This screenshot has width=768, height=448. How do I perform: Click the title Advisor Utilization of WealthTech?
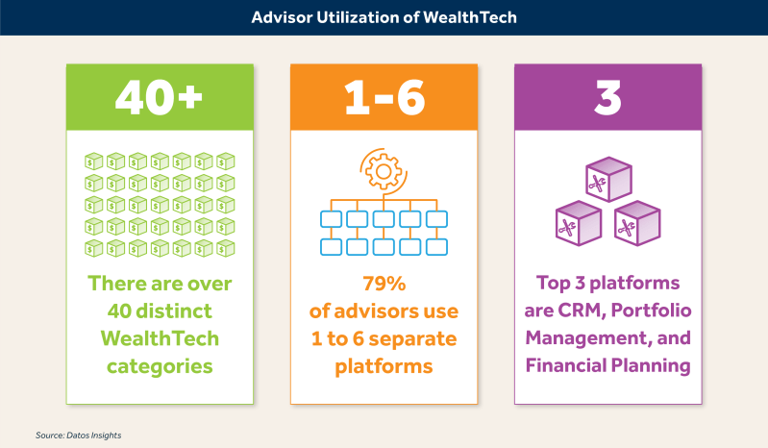(384, 17)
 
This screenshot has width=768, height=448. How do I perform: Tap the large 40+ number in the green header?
(159, 97)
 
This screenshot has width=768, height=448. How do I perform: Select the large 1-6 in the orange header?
(384, 97)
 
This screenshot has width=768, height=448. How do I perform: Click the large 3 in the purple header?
(607, 97)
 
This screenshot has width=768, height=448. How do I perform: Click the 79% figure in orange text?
(384, 284)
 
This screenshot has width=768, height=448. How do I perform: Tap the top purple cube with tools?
(608, 179)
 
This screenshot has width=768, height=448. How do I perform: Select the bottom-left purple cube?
(579, 223)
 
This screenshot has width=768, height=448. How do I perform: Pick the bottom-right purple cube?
(637, 223)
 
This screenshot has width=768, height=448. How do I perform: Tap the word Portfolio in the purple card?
(651, 311)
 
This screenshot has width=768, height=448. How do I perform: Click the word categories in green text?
(160, 367)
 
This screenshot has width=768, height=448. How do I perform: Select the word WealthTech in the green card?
(160, 338)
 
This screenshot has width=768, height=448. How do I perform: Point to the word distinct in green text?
(174, 311)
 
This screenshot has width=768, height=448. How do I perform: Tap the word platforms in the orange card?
(384, 367)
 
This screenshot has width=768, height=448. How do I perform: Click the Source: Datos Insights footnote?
(79, 436)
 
